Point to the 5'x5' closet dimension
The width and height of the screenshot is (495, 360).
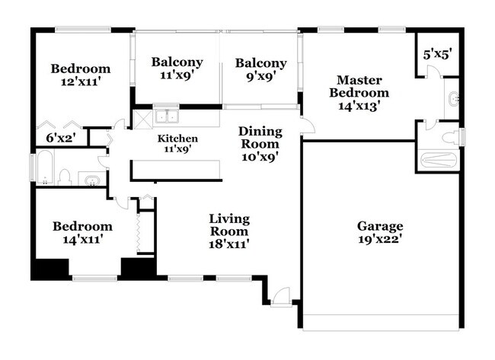coord(437,55)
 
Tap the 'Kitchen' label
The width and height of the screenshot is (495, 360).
coord(177,139)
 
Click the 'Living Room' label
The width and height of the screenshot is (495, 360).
coord(229,225)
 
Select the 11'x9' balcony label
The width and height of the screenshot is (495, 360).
coord(177,75)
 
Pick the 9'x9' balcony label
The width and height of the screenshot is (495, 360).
coord(260,76)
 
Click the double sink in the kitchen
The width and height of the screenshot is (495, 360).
coord(167,116)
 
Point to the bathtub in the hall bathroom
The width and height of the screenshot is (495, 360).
coord(44,168)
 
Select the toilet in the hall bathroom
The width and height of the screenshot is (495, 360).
coord(65,178)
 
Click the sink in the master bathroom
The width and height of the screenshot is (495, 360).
coord(454,99)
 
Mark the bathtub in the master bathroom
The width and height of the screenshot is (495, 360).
coord(438,161)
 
